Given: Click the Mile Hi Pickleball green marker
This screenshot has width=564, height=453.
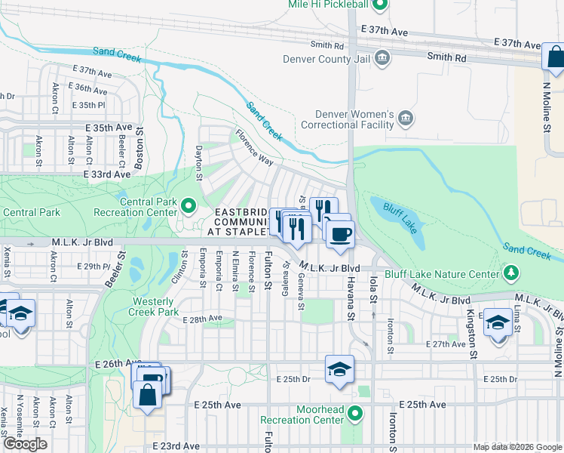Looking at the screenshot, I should pyautogui.click(x=381, y=5).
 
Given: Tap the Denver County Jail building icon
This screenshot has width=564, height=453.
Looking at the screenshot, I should pyautogui.click(x=382, y=58).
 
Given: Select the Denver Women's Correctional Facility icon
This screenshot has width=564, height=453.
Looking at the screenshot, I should pyautogui.click(x=406, y=118).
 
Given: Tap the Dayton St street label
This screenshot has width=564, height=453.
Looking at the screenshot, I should pyautogui.click(x=200, y=163).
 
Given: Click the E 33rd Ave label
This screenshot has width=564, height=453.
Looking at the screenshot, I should pyautogui.click(x=107, y=174).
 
